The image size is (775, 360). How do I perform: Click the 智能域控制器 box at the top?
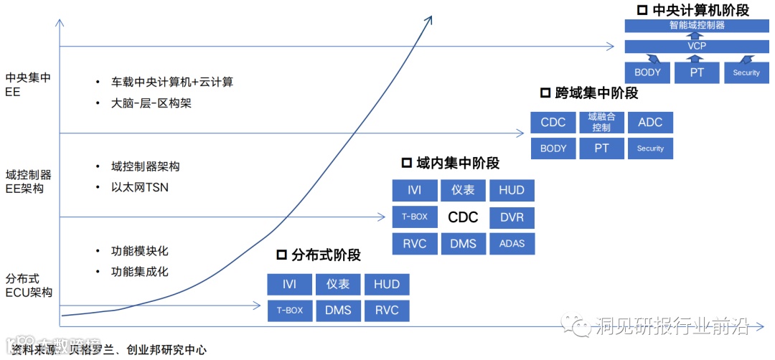(696, 25)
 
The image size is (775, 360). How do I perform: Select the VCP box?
(696, 47)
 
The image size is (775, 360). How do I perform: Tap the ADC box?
(650, 123)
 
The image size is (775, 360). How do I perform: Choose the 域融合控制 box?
(601, 123)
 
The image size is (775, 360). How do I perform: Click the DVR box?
(512, 217)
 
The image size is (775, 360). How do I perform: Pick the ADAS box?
(512, 243)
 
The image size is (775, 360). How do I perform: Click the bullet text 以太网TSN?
(139, 188)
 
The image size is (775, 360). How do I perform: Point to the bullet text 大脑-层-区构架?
(151, 103)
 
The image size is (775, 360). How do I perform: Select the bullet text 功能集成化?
(139, 272)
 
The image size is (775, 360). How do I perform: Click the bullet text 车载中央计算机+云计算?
(172, 82)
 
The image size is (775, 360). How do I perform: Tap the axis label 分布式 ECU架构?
(29, 285)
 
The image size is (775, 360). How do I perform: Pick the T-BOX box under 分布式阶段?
(289, 311)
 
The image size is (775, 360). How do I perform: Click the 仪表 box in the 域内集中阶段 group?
(463, 190)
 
